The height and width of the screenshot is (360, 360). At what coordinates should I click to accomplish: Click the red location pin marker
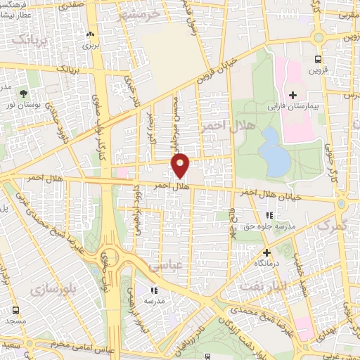181,165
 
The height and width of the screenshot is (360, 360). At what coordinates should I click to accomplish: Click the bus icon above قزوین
318,60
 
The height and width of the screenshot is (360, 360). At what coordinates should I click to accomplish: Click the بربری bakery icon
89,34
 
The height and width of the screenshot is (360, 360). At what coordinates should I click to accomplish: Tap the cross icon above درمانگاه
266,252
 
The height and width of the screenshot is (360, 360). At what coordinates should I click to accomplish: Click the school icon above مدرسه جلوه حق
268,215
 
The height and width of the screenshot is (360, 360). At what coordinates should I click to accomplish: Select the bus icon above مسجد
15,310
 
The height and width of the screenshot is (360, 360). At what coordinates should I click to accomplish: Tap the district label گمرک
333,226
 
